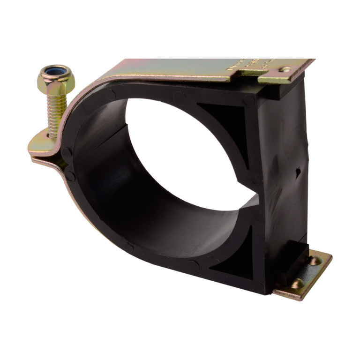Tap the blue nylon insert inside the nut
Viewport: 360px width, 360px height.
(54, 73)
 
